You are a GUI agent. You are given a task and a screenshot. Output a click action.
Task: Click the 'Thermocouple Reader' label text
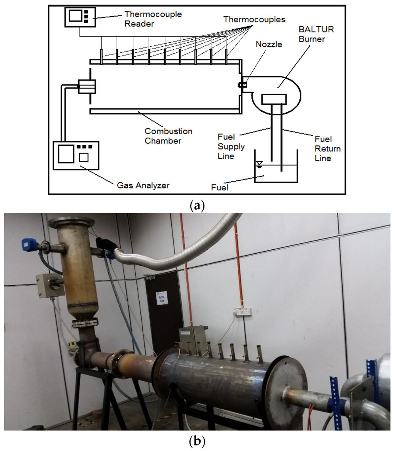tap(152, 19)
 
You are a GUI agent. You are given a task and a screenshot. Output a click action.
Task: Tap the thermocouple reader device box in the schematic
tap(79, 17)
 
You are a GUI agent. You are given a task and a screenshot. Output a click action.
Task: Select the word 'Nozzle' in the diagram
tap(269, 44)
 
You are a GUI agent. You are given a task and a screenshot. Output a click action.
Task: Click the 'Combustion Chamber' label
tap(168, 136)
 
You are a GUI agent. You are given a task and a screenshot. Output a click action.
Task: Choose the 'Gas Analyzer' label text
tap(143, 185)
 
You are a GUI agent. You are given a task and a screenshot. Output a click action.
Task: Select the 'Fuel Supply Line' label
tap(231, 146)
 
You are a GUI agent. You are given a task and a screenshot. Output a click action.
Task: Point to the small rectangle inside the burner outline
tap(273, 99)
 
